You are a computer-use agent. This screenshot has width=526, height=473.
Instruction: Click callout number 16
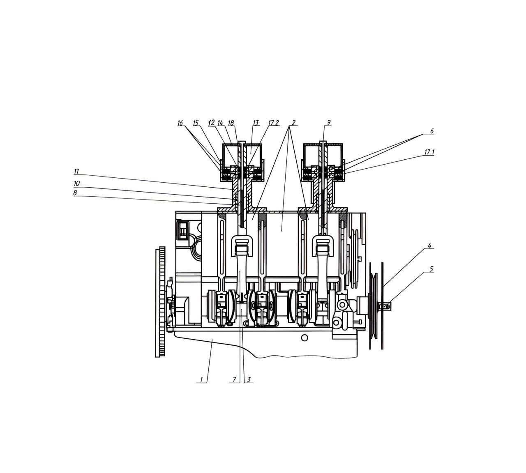[180, 123]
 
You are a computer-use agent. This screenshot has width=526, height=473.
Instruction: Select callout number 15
[196, 123]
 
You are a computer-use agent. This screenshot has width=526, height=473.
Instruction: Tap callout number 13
[256, 123]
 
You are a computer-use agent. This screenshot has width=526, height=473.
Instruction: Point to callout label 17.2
[274, 123]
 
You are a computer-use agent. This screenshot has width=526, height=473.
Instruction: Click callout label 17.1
[429, 152]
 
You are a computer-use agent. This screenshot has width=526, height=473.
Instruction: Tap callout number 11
[76, 172]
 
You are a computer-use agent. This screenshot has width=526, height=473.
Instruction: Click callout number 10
[77, 184]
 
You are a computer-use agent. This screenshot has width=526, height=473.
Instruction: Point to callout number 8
[75, 193]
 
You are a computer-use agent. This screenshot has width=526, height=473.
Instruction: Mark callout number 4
[429, 246]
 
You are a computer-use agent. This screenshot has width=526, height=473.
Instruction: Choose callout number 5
[431, 269]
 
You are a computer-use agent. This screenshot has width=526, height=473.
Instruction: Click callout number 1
[201, 379]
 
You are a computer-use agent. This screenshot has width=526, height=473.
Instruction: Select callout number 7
[235, 379]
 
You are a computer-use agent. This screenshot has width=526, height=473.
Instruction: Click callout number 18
[231, 123]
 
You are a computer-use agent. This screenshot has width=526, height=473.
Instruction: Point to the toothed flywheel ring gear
[160, 302]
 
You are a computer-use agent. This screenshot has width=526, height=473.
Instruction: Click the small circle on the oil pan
[305, 338]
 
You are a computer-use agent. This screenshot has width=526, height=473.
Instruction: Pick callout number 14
[220, 123]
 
